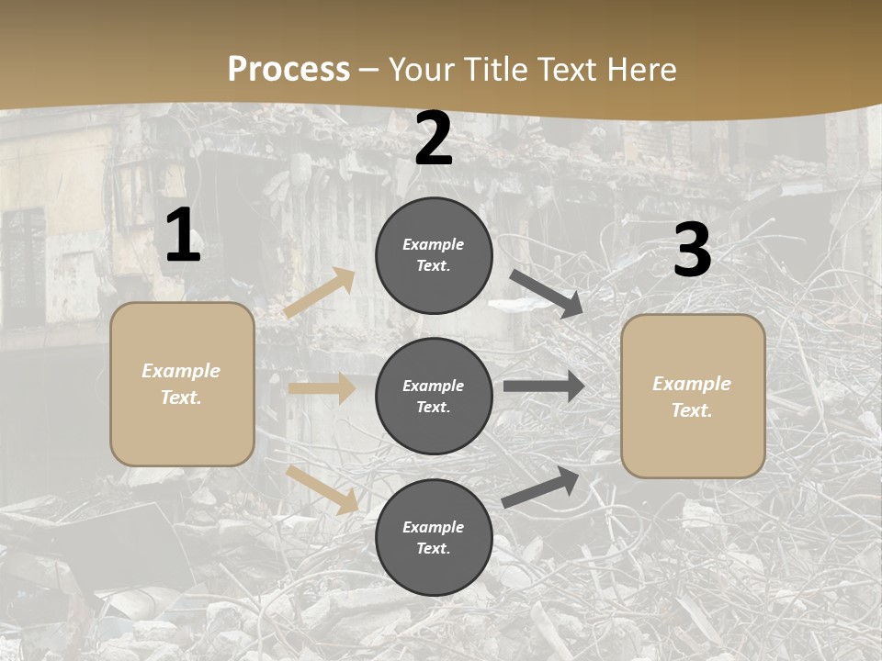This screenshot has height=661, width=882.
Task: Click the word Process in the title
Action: click(288, 69)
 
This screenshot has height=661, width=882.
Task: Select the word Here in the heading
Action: click(640, 69)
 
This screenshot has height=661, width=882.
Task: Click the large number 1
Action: click(183, 237)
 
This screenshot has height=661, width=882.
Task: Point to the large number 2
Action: click(434, 140)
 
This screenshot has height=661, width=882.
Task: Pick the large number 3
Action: click(692, 251)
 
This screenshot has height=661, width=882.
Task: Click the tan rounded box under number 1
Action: click(182, 384)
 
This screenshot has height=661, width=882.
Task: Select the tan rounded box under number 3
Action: click(693, 396)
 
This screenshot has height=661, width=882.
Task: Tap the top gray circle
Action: click(434, 255)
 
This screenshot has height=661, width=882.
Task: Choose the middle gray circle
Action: click(434, 396)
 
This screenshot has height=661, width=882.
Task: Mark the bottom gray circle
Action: click(434, 537)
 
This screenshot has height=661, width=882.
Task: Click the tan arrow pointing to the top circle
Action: click(320, 293)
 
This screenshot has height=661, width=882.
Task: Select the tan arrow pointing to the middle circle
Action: click(322, 388)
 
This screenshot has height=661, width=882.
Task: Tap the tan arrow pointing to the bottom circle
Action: click(322, 488)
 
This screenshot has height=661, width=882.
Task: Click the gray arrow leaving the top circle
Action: click(547, 294)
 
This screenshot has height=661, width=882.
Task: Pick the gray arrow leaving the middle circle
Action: click(544, 386)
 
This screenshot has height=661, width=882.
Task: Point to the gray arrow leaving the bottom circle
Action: click(541, 487)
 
